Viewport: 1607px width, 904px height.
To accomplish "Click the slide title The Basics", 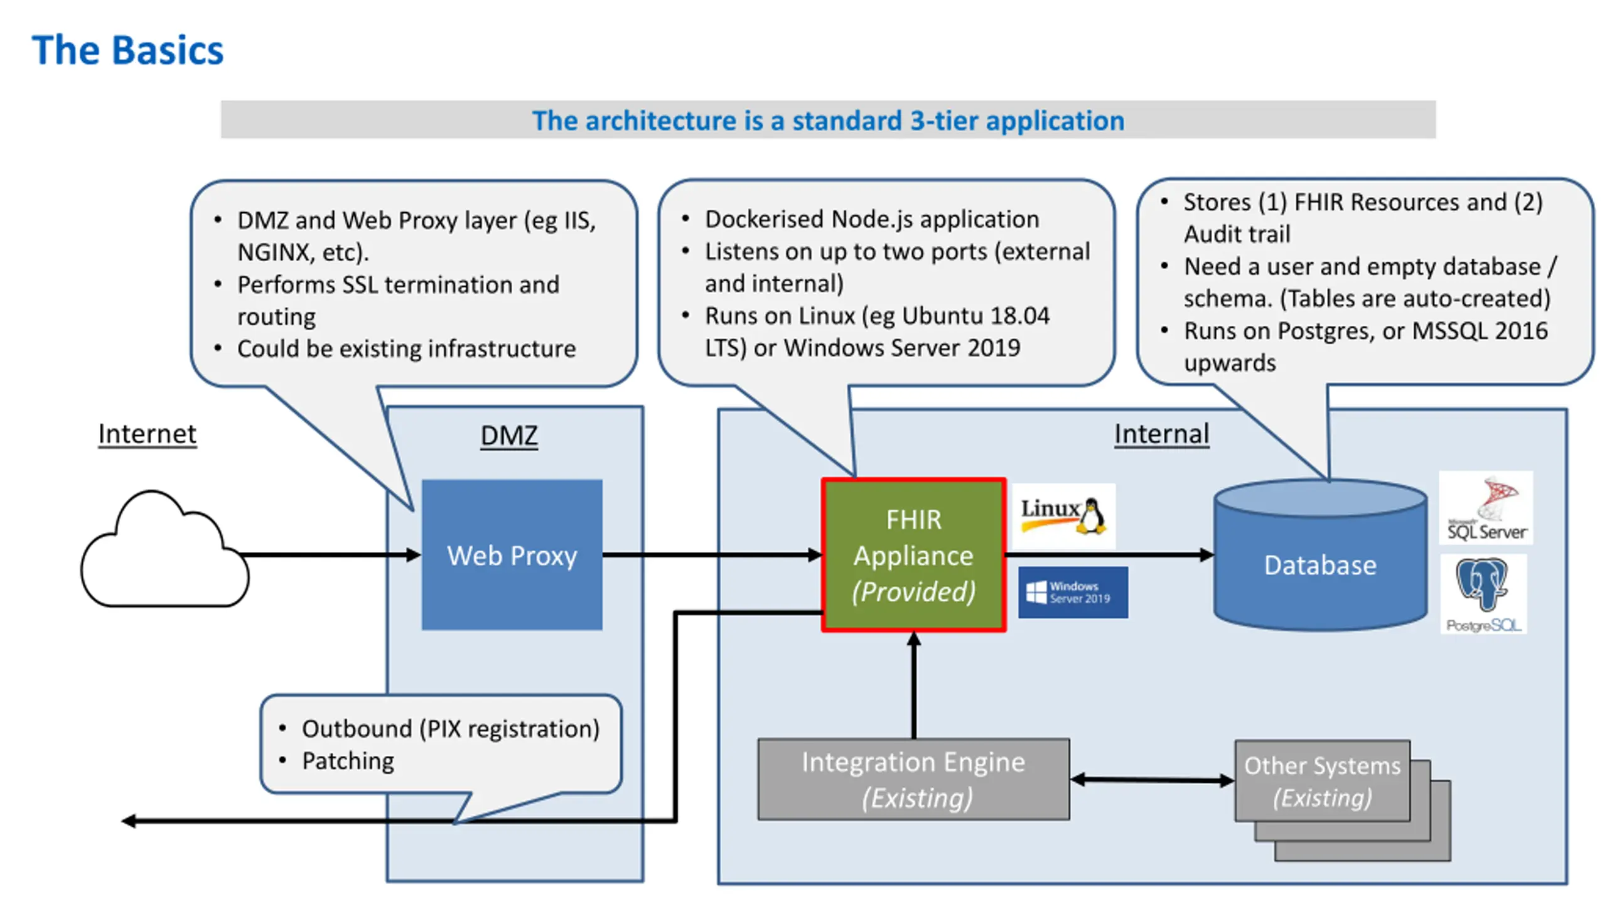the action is coord(127,50).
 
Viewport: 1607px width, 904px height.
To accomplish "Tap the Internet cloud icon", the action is coord(164,549).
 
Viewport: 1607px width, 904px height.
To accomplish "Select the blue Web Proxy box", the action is coord(512,555).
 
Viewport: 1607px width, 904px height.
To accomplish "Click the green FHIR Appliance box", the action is coord(914,555).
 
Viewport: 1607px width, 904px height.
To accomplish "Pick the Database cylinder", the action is coord(1321,555).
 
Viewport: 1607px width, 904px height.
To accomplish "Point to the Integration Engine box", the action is coord(913,779).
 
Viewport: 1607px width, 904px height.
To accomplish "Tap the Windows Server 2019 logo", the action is coord(1073,593).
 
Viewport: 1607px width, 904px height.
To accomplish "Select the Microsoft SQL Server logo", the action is coord(1486,508).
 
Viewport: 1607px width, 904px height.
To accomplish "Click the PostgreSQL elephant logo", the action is coord(1483,594).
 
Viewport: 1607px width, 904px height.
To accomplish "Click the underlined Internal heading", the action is coord(1161,434).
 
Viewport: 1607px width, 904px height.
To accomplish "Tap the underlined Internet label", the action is coord(147,434).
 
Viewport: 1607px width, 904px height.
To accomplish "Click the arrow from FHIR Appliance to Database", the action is coord(1110,555).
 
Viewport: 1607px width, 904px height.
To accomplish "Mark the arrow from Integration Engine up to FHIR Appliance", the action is coord(914,685).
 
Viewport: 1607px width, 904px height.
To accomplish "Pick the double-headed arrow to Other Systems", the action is coord(1153,780).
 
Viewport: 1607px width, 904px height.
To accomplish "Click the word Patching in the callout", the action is coord(348,761).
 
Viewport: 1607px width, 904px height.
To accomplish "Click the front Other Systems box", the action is coord(1323,781).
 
